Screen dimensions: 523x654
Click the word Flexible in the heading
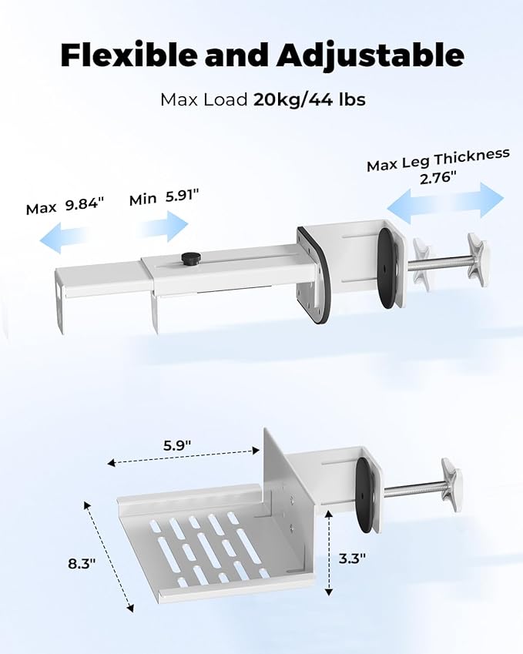[129, 55]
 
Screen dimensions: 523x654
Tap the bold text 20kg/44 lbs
[310, 99]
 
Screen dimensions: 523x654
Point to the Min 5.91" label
[164, 197]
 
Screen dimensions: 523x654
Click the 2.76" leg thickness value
[436, 179]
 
